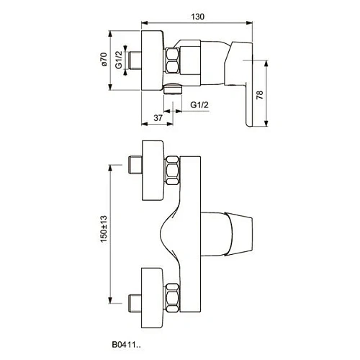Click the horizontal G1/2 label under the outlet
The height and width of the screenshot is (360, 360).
201,106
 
